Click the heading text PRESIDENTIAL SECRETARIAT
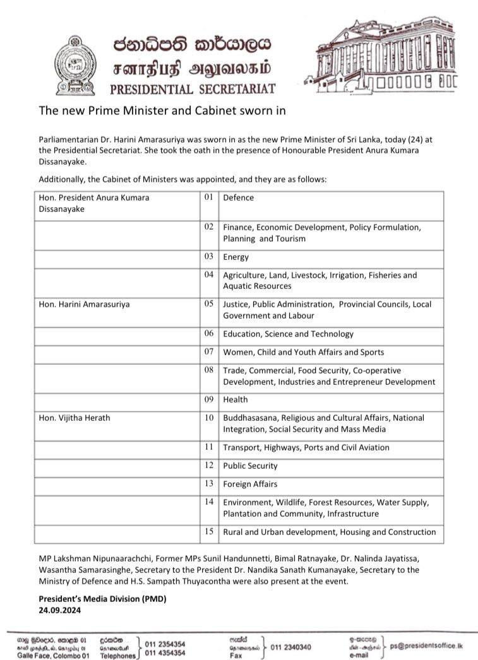pyautogui.click(x=193, y=88)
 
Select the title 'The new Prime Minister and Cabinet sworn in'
pyautogui.click(x=154, y=110)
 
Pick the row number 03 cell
pyautogui.click(x=209, y=257)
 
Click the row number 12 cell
pyautogui.click(x=209, y=466)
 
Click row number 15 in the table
pyautogui.click(x=209, y=532)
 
